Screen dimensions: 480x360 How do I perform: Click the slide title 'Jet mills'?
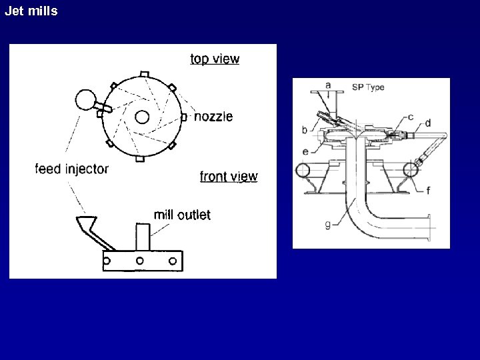(31, 11)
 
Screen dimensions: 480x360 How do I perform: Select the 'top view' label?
(215, 59)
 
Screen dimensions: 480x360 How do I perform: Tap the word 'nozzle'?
(213, 117)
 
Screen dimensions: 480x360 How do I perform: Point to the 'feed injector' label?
(71, 169)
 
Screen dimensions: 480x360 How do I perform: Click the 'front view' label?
(229, 176)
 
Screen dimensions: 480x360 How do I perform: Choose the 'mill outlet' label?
(182, 215)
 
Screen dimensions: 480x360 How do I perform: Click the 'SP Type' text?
(368, 87)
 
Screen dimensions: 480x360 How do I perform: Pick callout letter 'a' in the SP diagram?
(328, 85)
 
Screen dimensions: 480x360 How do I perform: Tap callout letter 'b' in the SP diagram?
(305, 129)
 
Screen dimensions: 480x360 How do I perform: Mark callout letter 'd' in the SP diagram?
(427, 123)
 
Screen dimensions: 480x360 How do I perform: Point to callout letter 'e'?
(305, 151)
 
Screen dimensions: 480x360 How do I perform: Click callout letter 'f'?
(427, 190)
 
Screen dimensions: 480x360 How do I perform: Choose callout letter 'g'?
(327, 225)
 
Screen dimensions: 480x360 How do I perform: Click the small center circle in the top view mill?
(141, 117)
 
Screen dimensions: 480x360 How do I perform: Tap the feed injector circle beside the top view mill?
(86, 101)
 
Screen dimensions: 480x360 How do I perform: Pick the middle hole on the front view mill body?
(139, 260)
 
